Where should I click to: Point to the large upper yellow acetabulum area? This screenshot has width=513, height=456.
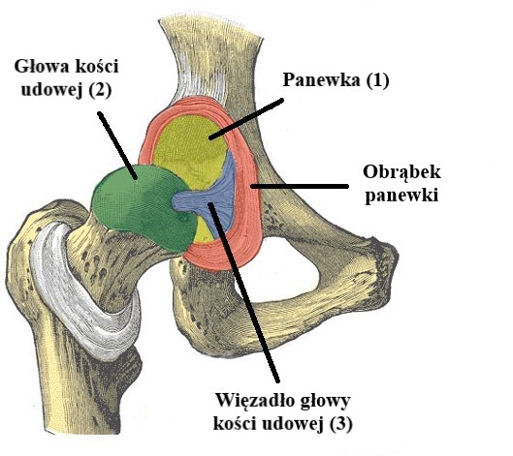[190, 150]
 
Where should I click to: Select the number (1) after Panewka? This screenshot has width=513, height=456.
[377, 80]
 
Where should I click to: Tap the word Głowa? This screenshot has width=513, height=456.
[42, 66]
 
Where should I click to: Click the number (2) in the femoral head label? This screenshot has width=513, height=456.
[99, 90]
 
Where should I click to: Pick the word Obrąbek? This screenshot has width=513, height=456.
[401, 172]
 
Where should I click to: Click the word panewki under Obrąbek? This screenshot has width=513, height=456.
[401, 196]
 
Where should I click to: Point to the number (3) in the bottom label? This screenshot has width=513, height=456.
[340, 424]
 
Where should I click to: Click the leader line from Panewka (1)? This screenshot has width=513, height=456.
[246, 119]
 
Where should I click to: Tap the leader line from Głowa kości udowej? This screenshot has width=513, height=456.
[117, 145]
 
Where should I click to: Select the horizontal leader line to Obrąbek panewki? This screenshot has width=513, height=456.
[300, 186]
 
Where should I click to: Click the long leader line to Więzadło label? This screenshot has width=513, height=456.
[243, 292]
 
